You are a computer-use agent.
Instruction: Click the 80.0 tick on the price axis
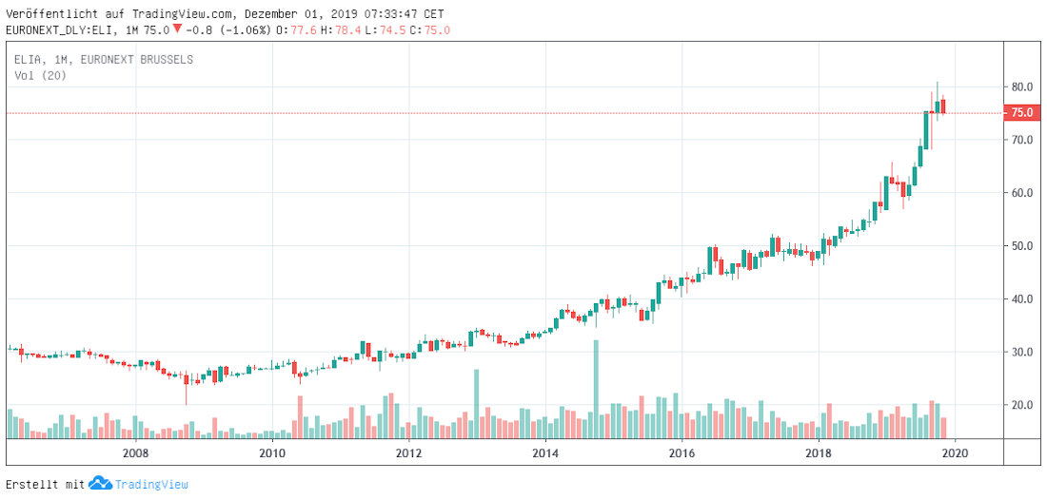point(1022,87)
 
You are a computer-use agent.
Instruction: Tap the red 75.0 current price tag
point(1022,113)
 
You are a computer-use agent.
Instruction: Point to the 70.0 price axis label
point(1022,140)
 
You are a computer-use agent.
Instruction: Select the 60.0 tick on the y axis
point(1022,193)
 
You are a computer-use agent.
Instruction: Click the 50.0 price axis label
point(1022,246)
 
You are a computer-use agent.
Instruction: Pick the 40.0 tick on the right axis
point(1022,299)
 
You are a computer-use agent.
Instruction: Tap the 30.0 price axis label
point(1022,352)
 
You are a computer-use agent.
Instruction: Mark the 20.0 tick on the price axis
point(1022,405)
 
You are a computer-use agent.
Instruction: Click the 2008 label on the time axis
point(136,452)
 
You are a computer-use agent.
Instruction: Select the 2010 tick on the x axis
point(272,452)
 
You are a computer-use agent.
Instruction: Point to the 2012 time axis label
point(409,452)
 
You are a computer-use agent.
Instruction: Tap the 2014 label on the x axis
point(545,452)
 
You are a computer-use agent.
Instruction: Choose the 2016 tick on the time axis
point(682,452)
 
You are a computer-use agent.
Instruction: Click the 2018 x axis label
point(819,452)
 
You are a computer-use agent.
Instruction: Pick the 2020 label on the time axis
point(954,452)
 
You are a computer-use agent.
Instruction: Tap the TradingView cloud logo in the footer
point(100,485)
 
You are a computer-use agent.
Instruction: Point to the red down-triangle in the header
point(177,29)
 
